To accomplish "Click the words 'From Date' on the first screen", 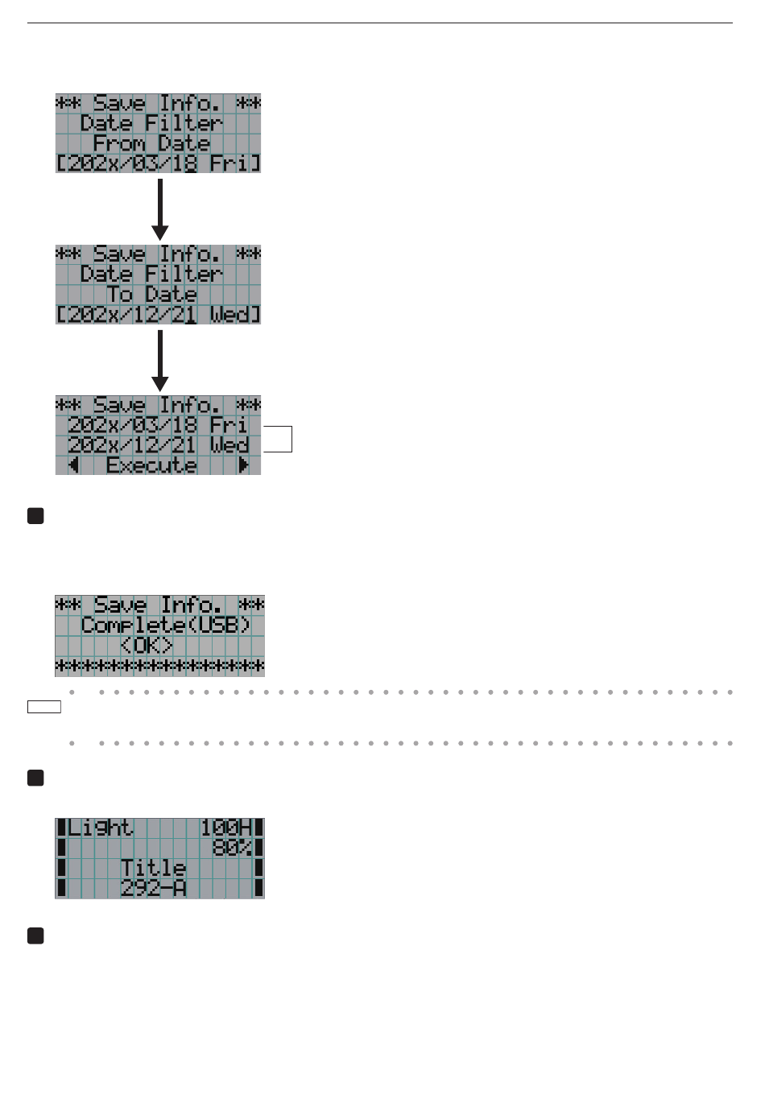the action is coord(151,144).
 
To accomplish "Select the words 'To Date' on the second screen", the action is coord(151,295).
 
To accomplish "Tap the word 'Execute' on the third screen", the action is coord(151,465).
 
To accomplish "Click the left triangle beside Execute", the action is coord(74,465).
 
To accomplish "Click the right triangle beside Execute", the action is coord(243,465).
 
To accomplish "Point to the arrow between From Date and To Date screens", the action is coord(160,209).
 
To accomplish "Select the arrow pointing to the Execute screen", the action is coord(160,361).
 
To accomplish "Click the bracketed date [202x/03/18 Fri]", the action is coord(158,163).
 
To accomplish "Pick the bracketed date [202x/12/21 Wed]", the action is coord(158,315).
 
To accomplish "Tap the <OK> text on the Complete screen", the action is coord(147,646).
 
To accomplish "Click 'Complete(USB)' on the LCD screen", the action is coord(165,626).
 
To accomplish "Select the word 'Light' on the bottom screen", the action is coord(100,828).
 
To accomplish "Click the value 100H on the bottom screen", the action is coord(225,828).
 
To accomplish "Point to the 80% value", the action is coord(232,848).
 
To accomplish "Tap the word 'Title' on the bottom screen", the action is coord(153,868).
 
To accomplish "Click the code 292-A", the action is coord(153,889).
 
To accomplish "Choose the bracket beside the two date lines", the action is coord(292,439).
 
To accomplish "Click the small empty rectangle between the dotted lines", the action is coord(44,707).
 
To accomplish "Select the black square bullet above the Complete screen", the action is coord(35,516).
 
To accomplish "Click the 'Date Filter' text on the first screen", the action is coord(151,123).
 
